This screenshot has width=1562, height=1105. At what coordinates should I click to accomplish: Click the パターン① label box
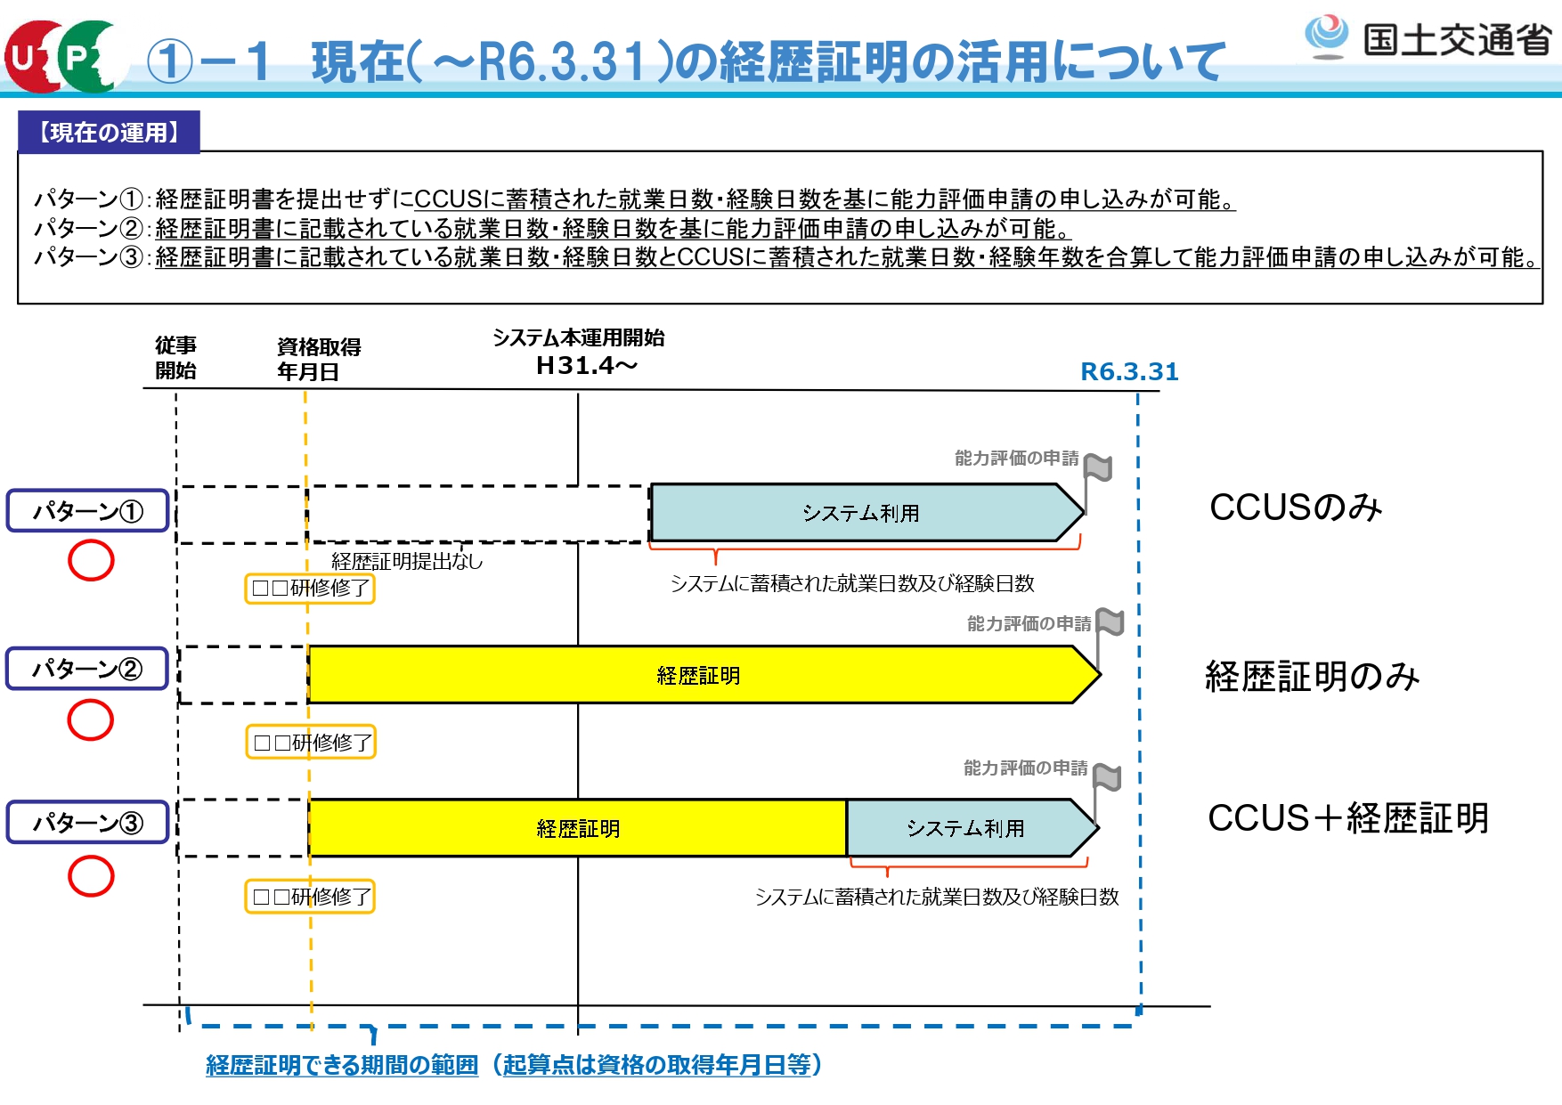87,511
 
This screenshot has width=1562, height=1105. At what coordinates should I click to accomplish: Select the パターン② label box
87,669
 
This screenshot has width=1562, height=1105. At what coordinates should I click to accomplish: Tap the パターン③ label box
87,823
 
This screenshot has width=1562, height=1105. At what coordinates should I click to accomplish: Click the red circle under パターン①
91,561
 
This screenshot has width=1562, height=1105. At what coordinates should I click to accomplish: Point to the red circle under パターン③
91,876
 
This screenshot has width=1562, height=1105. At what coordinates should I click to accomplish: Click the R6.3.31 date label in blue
1128,372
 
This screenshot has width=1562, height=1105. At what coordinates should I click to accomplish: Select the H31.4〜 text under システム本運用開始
586,366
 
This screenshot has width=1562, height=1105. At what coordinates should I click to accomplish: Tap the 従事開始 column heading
175,358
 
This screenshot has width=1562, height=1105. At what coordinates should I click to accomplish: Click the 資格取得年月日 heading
318,360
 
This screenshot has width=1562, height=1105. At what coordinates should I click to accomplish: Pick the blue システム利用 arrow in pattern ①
860,513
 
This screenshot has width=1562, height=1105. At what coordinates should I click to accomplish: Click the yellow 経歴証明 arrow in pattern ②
698,676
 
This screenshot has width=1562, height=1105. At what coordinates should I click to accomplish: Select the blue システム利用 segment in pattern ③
965,828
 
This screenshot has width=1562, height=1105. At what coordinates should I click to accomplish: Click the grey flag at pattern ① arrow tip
1098,467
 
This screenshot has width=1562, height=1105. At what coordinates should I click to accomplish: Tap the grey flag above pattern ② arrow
1110,622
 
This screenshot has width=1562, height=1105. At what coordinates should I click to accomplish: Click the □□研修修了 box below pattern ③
310,897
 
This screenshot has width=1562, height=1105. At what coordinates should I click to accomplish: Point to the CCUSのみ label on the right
1295,508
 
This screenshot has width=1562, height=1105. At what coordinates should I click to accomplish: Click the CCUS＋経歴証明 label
1347,818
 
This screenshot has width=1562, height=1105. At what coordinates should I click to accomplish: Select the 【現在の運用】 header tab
109,133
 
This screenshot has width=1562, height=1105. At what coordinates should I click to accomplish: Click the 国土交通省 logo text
1457,40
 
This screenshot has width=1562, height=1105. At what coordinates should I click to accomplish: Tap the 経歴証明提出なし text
407,561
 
